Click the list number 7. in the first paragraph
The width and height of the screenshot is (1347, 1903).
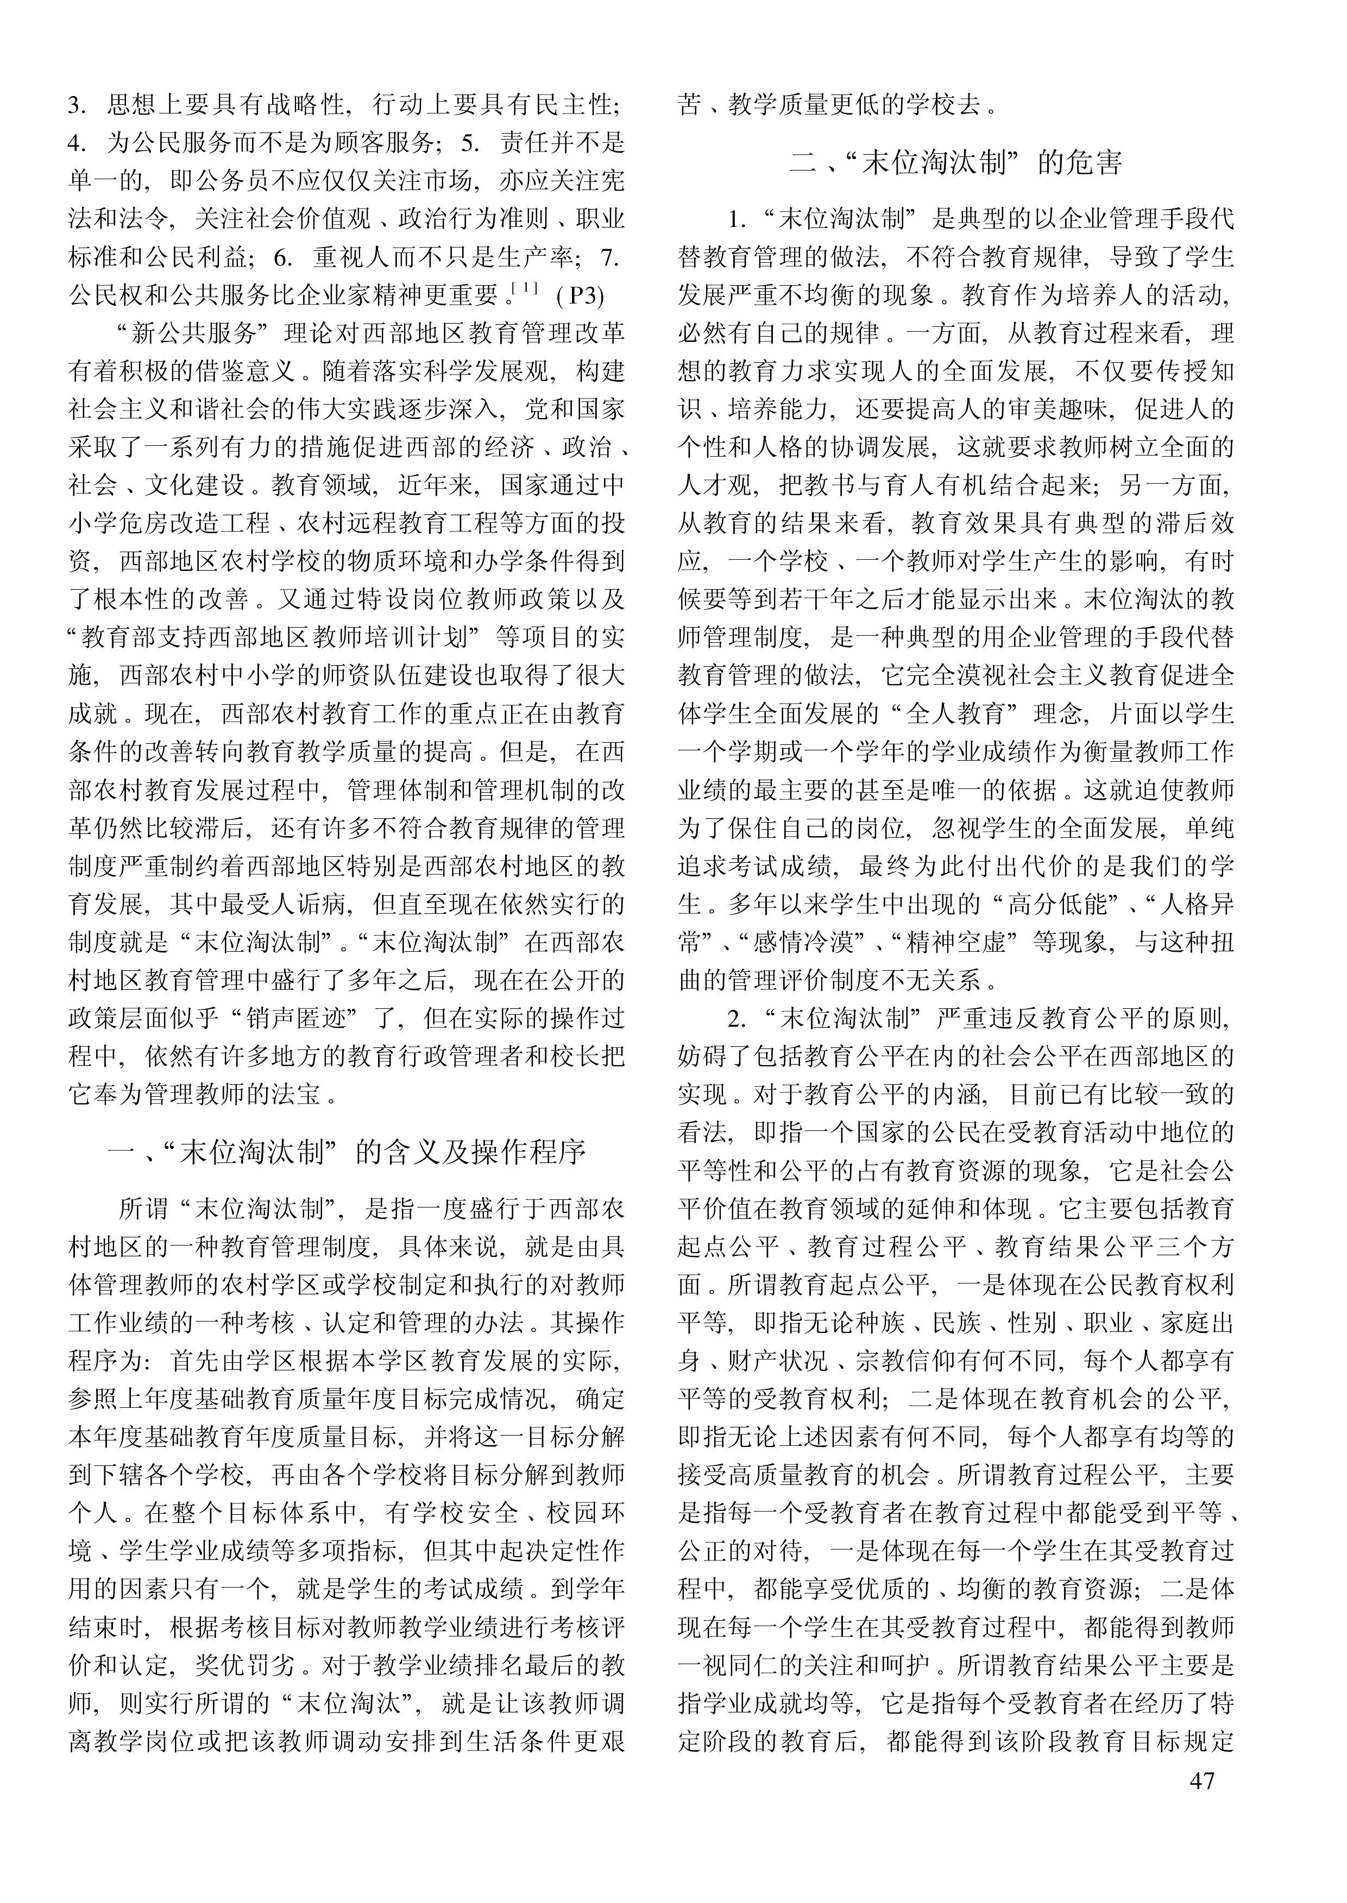pyautogui.click(x=609, y=257)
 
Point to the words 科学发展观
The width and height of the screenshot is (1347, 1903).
pyautogui.click(x=497, y=371)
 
